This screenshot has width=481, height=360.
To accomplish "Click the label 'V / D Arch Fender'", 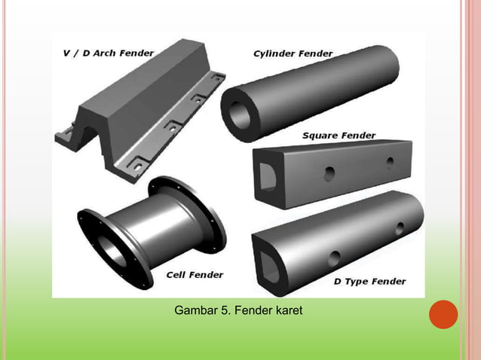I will coord(107,53).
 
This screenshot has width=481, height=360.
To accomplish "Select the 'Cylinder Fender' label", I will coord(293,53).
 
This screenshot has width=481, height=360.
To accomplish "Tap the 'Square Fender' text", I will coord(339,136).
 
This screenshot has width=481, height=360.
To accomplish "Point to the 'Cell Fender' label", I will coord(195,275).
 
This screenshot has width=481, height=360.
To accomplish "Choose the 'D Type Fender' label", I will coord(369,282).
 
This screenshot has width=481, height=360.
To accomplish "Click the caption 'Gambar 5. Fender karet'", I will coord(238,310).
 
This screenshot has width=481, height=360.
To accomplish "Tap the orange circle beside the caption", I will coord(443,314).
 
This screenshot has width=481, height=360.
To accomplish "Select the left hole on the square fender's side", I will coord(329,174).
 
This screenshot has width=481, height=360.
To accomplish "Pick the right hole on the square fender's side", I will coord(390,161).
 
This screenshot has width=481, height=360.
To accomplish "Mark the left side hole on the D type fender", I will coord(334,258).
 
